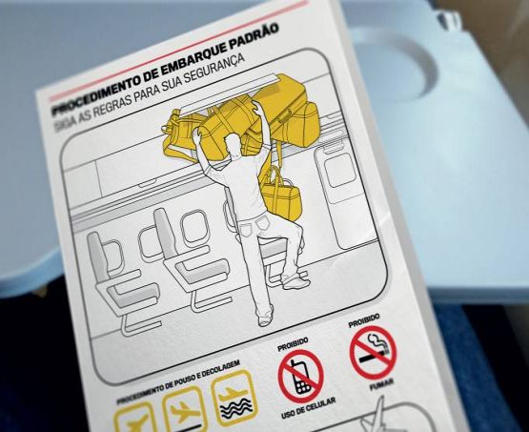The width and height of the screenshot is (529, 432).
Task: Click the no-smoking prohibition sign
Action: pos(373,351)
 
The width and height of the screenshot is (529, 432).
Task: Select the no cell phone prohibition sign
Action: pos(300,377)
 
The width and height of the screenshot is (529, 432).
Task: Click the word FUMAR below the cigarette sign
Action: pos(381,384)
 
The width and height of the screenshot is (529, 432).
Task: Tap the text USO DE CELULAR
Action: pos(309,408)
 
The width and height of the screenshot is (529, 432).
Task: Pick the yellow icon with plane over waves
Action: pos(234,399)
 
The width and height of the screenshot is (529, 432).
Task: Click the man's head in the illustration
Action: pos(234,144)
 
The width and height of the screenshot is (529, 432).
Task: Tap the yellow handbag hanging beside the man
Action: pos(281,195)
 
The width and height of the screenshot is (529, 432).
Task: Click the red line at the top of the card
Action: pos(178,51)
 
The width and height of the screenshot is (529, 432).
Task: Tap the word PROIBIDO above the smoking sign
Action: pos(364,320)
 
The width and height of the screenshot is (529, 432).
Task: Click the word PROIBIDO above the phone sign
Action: pos(293,343)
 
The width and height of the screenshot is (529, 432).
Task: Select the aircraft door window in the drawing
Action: pos(339,171)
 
